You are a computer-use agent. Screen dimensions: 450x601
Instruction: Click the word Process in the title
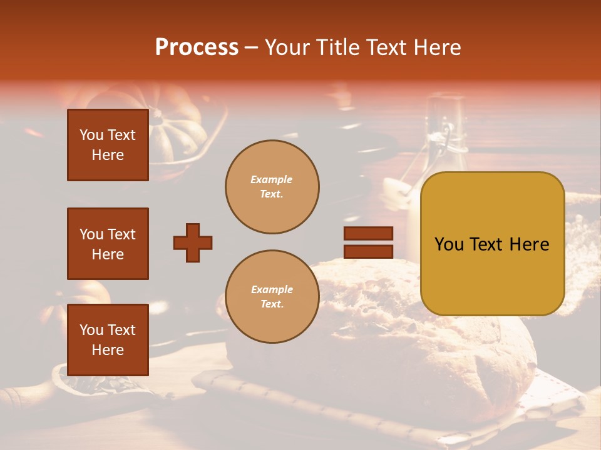[x=197, y=47]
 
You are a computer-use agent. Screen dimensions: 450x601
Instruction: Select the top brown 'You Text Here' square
[x=108, y=145]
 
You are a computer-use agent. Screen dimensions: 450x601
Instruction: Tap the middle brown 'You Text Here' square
[x=108, y=244]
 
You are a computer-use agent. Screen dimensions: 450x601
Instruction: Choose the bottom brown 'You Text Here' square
[x=108, y=339]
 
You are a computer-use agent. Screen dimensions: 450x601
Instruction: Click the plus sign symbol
[x=193, y=242]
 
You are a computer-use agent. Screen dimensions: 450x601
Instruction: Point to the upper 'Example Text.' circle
[x=272, y=186]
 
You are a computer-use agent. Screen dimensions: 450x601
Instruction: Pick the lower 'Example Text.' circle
[x=272, y=296]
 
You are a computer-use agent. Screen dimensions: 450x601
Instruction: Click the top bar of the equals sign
[x=368, y=233]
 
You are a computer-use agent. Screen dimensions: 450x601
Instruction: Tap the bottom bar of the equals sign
[x=368, y=251]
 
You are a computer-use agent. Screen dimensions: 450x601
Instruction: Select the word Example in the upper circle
[x=272, y=179]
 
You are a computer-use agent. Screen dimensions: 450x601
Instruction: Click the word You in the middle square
[x=91, y=234]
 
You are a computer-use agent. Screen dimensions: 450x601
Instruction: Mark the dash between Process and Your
[x=251, y=47]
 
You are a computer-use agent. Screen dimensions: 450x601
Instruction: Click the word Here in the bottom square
[x=108, y=350]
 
